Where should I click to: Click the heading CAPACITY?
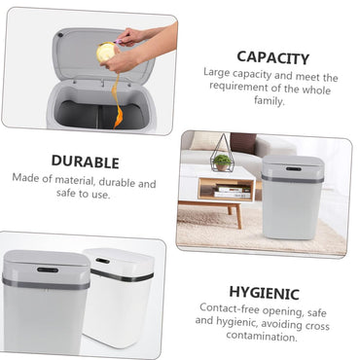click(x=273, y=57)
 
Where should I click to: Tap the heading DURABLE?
click(x=86, y=162)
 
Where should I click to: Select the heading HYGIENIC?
click(x=264, y=293)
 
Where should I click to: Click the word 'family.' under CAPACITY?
click(x=270, y=100)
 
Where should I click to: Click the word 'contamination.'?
click(x=262, y=336)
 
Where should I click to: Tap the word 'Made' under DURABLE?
click(x=24, y=178)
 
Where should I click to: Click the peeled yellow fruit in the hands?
click(x=106, y=52)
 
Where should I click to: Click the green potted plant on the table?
click(x=223, y=162)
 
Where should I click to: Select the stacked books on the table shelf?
click(x=233, y=192)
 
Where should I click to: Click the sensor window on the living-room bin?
click(x=294, y=169)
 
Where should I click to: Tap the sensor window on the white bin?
click(x=102, y=261)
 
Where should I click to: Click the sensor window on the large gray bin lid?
click(x=48, y=270)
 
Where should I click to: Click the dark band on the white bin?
click(x=122, y=275)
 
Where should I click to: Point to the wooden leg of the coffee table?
click(x=238, y=215)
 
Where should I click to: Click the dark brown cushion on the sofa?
click(x=243, y=143)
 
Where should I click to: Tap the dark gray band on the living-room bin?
click(x=293, y=179)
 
